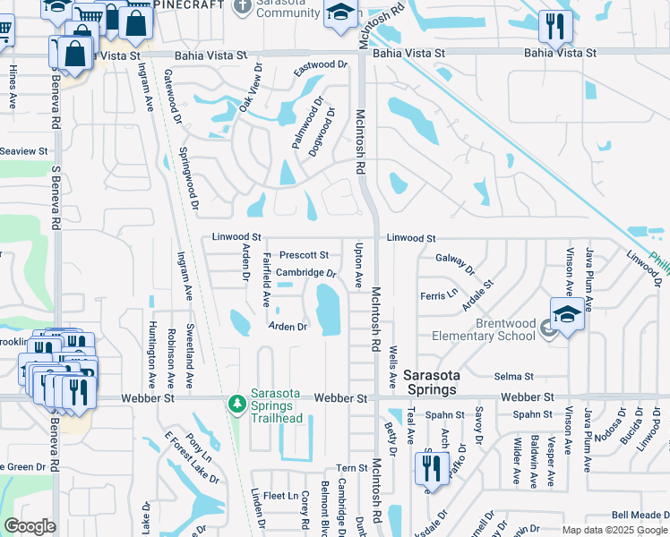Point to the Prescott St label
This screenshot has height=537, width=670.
click(304, 256)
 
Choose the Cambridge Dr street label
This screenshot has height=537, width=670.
click(305, 273)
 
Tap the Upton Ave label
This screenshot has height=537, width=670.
click(359, 265)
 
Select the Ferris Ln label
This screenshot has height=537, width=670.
click(439, 294)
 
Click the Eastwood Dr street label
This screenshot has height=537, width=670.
click(320, 65)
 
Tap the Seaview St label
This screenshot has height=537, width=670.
click(23, 152)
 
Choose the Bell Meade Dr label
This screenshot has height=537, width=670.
click(640, 515)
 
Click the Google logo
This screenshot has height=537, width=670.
click(30, 525)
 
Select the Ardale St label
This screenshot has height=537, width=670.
click(477, 296)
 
